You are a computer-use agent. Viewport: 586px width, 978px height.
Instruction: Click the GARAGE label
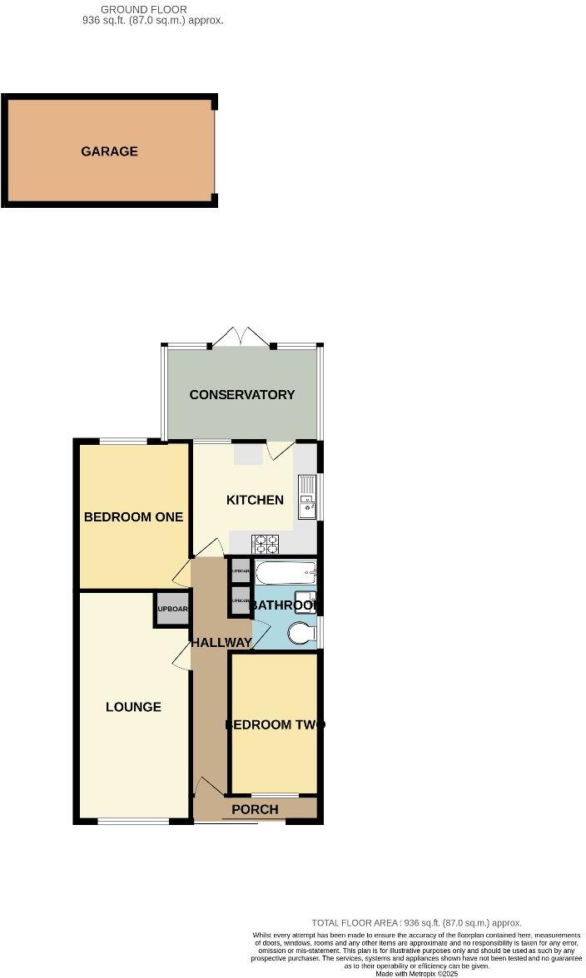click(109, 151)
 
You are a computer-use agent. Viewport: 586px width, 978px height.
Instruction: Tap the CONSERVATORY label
click(242, 394)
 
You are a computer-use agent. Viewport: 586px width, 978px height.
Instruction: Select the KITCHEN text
click(256, 500)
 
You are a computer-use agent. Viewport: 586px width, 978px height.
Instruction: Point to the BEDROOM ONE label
click(133, 516)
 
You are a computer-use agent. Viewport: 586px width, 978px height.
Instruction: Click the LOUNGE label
click(133, 707)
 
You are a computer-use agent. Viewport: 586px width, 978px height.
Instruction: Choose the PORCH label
click(255, 809)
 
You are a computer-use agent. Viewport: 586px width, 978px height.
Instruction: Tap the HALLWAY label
click(221, 643)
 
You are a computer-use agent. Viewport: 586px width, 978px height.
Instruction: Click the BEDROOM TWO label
click(275, 724)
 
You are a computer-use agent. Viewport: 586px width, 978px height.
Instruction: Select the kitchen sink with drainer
click(308, 497)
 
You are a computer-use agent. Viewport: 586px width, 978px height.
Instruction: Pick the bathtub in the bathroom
click(286, 573)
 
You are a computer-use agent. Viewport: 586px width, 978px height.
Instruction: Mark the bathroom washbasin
click(306, 602)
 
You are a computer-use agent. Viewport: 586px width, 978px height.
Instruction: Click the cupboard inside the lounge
click(171, 610)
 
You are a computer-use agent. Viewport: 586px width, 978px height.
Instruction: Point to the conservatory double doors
click(241, 338)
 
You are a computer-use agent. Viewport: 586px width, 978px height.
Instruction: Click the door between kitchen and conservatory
click(281, 451)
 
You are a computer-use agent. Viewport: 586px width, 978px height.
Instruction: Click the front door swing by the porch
click(206, 786)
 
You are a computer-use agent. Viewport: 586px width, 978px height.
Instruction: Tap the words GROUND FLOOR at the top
click(132, 9)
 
